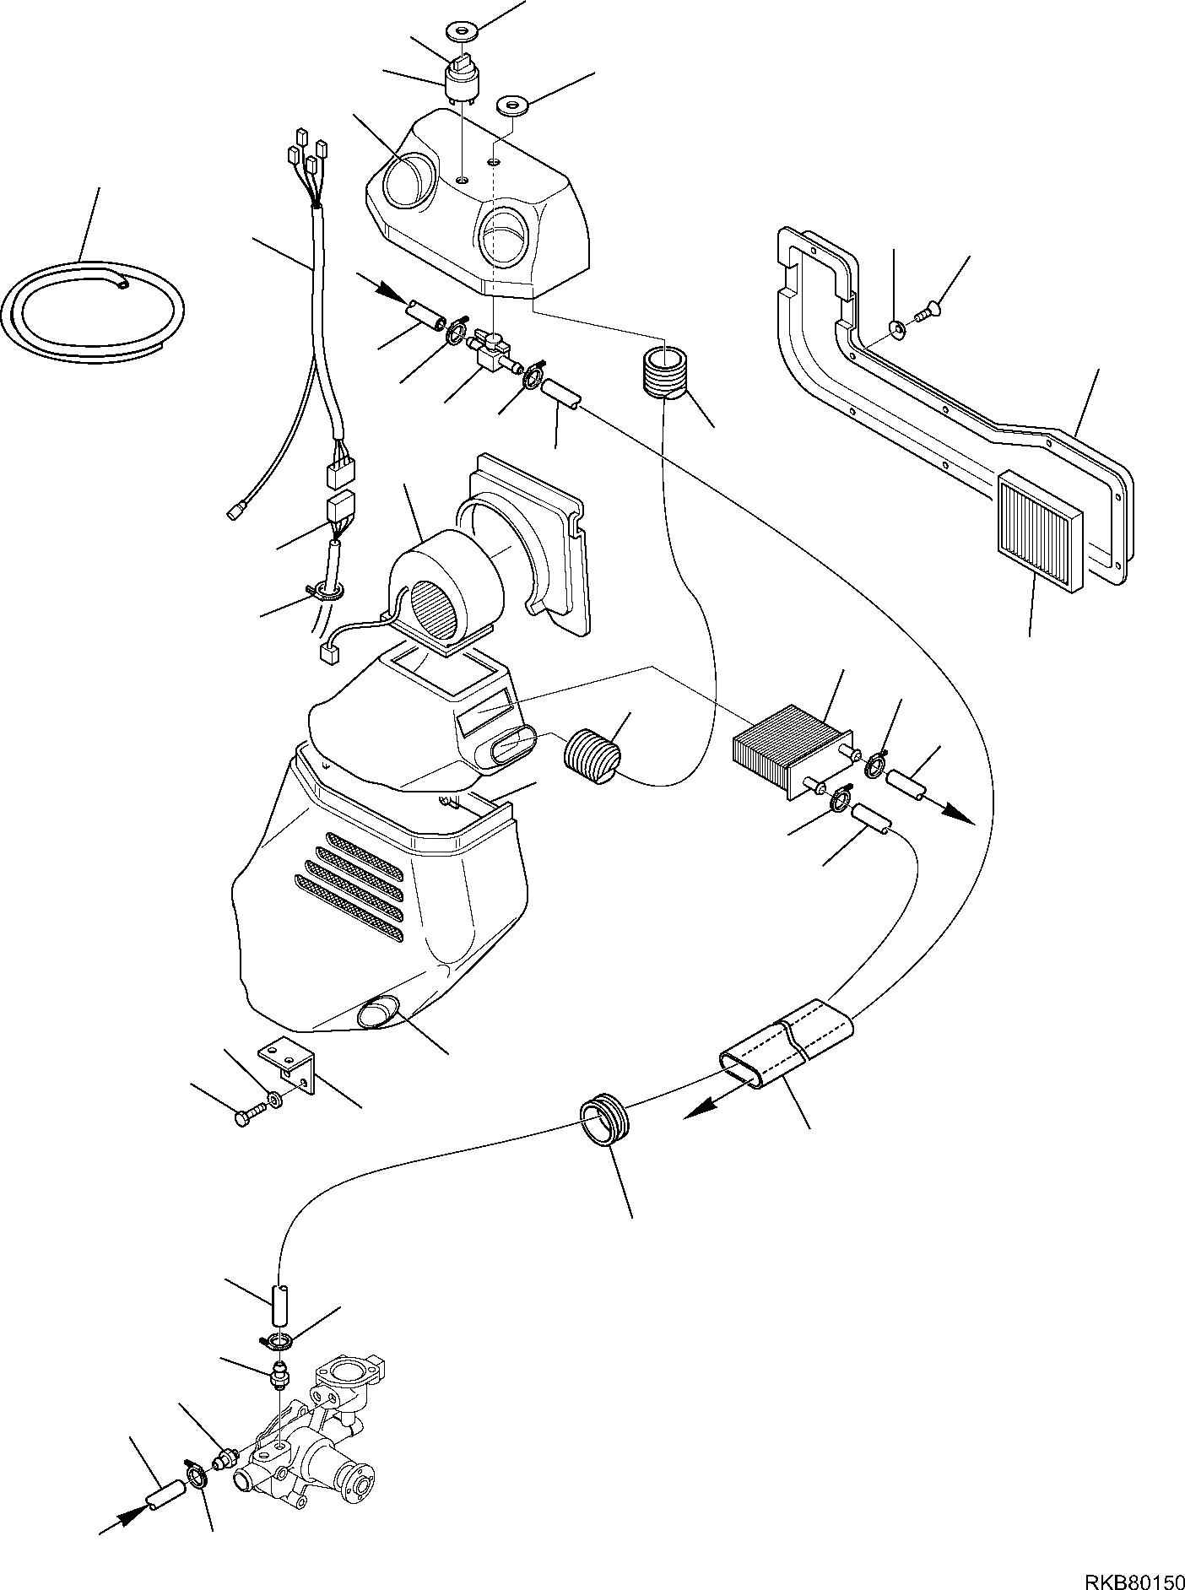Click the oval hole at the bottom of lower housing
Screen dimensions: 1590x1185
pyautogui.click(x=379, y=1012)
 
